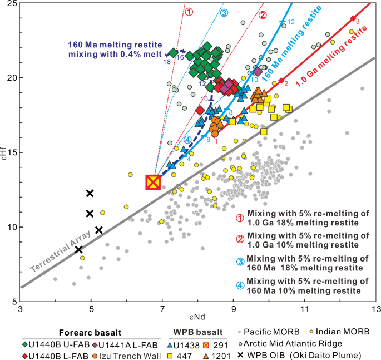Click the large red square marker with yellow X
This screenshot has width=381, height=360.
pyautogui.click(x=153, y=182)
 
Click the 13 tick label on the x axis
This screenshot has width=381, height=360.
pyautogui.click(x=375, y=308)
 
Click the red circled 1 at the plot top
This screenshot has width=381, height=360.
pyautogui.click(x=189, y=12)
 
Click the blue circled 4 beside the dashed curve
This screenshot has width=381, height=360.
pyautogui.click(x=187, y=139)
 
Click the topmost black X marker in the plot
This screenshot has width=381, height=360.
pyautogui.click(x=90, y=193)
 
